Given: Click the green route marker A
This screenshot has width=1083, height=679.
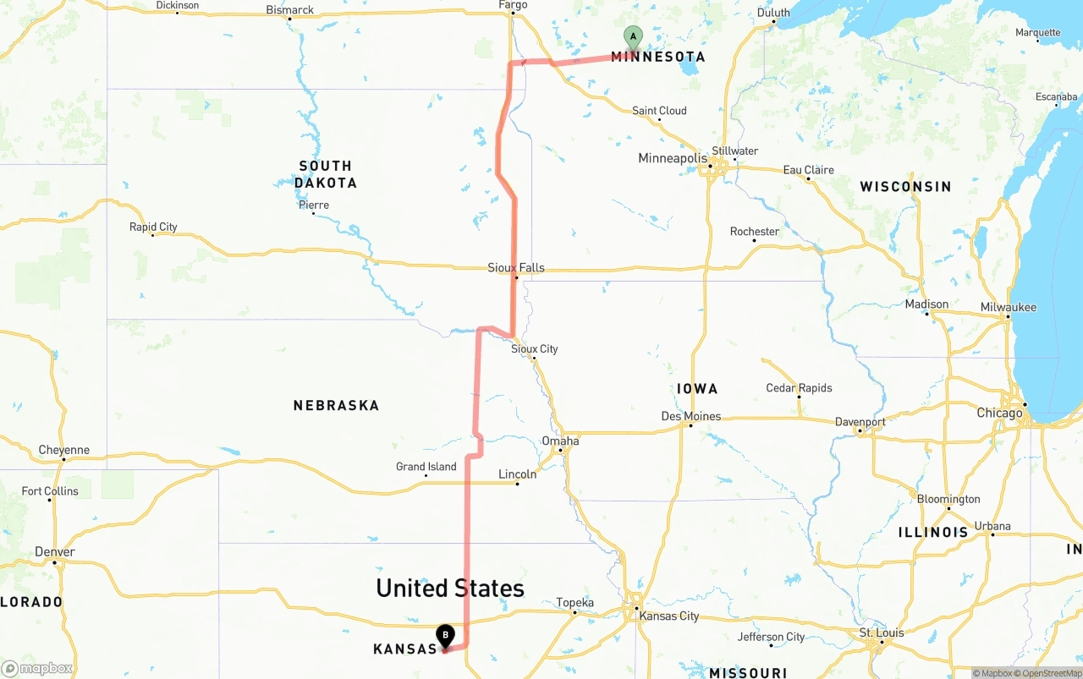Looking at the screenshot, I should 633,37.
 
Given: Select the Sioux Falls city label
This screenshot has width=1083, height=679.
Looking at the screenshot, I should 516,268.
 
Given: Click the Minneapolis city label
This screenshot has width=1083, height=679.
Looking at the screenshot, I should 672,159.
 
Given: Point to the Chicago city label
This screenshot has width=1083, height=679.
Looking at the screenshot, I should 999,413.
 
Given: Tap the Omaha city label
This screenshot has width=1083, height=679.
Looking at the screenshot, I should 560,441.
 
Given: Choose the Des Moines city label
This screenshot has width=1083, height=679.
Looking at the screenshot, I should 691,416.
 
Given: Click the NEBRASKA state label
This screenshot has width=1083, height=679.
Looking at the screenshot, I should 336,406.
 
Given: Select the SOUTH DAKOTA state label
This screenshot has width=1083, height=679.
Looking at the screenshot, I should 326,174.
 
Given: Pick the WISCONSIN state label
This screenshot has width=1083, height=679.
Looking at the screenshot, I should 905,186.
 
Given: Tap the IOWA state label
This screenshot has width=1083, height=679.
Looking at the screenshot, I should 697,389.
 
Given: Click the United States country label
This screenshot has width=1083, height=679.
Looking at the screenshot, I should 450,589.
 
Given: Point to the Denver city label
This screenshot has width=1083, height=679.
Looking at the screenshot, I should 55,552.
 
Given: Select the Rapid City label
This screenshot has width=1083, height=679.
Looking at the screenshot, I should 153,227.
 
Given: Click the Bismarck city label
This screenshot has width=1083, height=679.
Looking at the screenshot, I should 289,10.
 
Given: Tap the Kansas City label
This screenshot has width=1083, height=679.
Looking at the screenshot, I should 669,616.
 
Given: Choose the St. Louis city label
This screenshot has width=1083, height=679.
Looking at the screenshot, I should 882,632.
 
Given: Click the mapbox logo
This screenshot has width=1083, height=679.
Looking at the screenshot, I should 37,668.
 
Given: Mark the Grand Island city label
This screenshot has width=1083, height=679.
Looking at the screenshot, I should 426,467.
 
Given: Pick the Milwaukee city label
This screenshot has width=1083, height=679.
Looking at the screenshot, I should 1008,307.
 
